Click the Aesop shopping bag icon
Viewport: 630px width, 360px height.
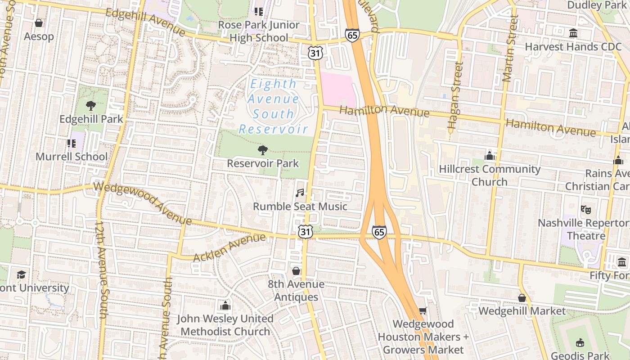[x=39, y=22]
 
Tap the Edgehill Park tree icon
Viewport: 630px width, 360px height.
[x=91, y=106]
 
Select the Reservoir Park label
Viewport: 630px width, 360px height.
[x=263, y=163]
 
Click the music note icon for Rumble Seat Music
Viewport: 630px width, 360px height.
[x=300, y=193]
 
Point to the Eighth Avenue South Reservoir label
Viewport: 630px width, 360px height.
[x=274, y=107]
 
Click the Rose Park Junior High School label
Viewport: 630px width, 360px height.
[x=259, y=31]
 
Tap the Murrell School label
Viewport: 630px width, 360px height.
[x=72, y=157]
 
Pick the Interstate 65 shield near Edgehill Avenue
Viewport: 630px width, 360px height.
[x=353, y=35]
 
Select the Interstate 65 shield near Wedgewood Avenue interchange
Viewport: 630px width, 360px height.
[x=379, y=232]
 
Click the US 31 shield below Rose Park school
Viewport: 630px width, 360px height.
[x=315, y=53]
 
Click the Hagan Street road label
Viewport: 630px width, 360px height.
[x=454, y=97]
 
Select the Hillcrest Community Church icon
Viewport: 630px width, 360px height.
[x=490, y=156]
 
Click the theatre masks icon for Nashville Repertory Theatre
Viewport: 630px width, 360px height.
[x=585, y=209]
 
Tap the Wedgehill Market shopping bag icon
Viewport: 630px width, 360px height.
[x=522, y=298]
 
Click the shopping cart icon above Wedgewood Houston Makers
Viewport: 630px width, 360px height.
[x=423, y=310]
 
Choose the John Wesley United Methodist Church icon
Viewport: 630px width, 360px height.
[x=225, y=306]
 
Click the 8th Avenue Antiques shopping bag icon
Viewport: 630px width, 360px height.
[x=296, y=271]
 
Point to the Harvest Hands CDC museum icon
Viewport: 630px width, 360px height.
[x=573, y=33]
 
